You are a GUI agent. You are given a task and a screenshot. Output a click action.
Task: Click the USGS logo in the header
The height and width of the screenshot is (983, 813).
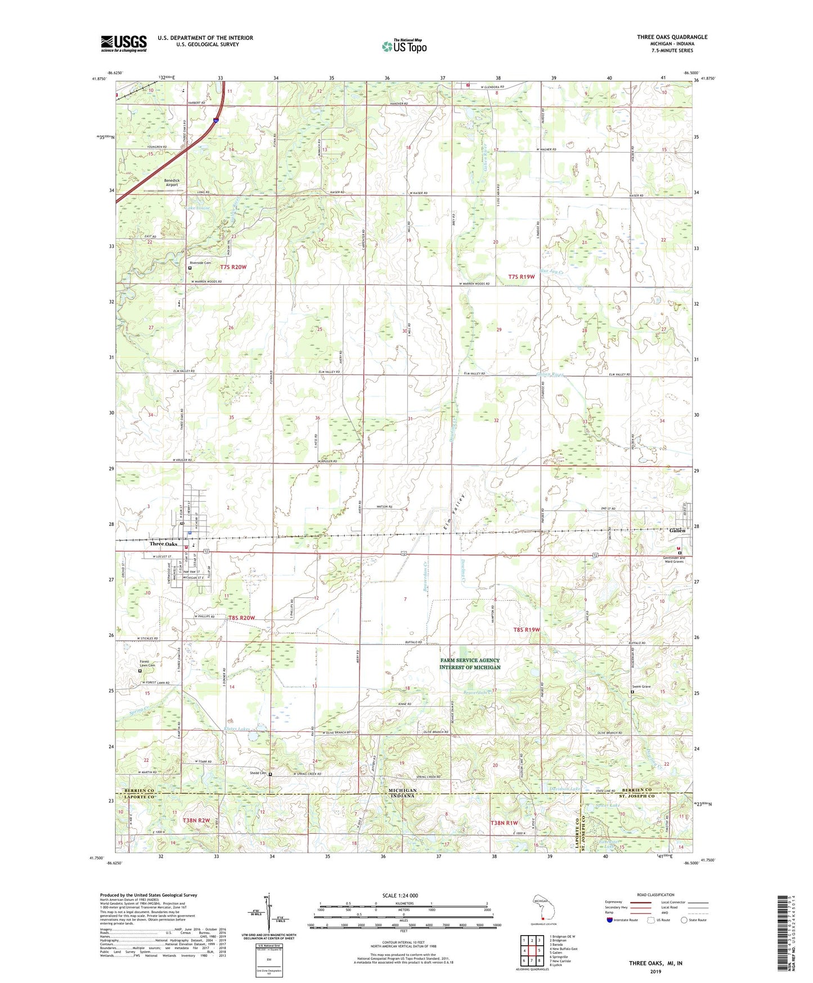coord(123,43)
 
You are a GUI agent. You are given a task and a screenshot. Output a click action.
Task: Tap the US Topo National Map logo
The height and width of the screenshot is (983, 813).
coord(404,46)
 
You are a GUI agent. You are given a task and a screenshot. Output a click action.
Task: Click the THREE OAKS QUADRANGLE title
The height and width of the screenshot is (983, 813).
coord(672,37)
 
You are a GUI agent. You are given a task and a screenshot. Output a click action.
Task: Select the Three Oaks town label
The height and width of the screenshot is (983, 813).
coord(163,544)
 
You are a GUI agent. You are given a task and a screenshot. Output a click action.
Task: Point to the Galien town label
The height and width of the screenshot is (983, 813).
coord(677,530)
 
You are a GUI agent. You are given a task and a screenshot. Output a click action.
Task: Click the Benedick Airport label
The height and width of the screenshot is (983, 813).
coord(171,182)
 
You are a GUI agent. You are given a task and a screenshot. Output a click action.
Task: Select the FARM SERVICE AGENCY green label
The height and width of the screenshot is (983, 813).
coord(470,664)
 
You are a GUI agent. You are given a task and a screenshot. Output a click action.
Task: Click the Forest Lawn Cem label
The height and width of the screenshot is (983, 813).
coord(147,664)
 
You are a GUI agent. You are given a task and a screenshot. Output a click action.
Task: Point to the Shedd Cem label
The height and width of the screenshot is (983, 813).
coord(258,773)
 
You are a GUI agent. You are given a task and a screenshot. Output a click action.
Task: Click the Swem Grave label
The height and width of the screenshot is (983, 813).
coord(641,686)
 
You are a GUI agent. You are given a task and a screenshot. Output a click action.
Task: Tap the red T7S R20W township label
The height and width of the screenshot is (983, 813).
coord(233,267)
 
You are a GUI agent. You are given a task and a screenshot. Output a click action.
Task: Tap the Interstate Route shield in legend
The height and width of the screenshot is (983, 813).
coord(610,920)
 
